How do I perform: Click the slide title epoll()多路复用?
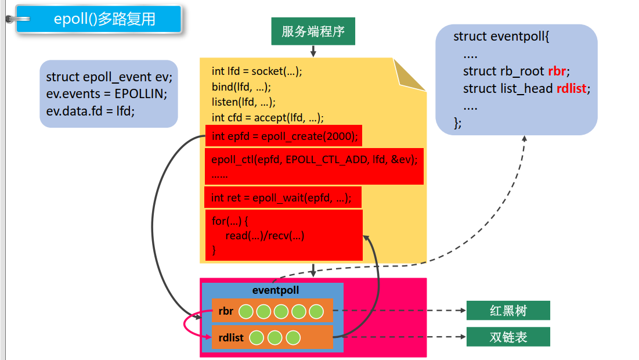104,19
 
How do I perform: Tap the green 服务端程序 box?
313,31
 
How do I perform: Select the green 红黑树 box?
508,311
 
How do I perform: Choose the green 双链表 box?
508,337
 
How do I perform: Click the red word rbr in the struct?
557,71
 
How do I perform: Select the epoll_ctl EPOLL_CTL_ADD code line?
314,159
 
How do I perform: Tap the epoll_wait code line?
281,198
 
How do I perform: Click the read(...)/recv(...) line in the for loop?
265,236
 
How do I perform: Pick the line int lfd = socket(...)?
257,71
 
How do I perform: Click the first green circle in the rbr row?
246,311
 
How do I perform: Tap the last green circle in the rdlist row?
293,337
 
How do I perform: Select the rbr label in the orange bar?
226,311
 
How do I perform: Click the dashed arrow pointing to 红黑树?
400,311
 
